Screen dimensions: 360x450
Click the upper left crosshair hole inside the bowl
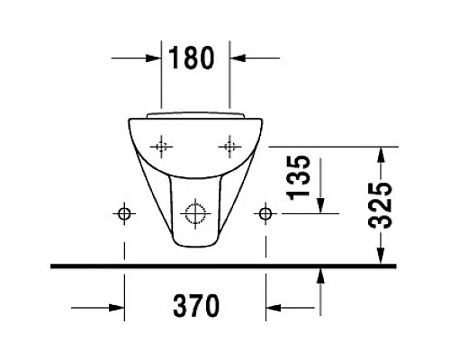point(162,145)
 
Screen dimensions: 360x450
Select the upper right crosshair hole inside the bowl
point(230,145)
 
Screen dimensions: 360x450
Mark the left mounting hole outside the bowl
point(124,213)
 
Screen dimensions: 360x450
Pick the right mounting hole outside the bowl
point(265,213)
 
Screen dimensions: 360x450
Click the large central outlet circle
point(195,213)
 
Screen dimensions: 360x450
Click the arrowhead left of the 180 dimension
point(153,59)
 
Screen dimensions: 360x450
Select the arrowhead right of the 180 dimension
point(239,59)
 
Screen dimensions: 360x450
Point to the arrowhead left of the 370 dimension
point(115,307)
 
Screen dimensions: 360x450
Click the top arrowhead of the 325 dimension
point(382,154)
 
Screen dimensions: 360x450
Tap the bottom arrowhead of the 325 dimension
point(382,257)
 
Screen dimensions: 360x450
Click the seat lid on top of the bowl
point(195,114)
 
